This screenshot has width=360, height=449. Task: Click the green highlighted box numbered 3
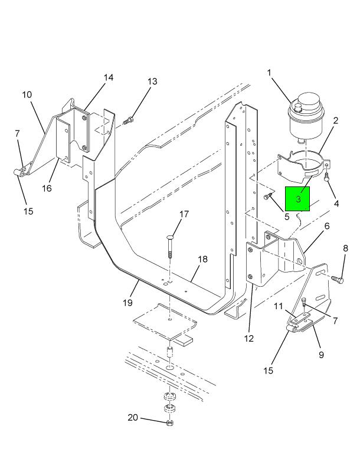297,199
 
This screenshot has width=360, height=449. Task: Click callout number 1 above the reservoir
269,73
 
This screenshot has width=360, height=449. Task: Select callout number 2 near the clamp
336,120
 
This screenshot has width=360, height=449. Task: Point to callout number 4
336,204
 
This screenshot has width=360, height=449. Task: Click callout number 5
287,217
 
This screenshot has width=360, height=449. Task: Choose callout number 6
327,226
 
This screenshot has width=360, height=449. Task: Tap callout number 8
345,248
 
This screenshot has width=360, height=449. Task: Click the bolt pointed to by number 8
338,279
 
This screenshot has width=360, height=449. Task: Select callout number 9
321,355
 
